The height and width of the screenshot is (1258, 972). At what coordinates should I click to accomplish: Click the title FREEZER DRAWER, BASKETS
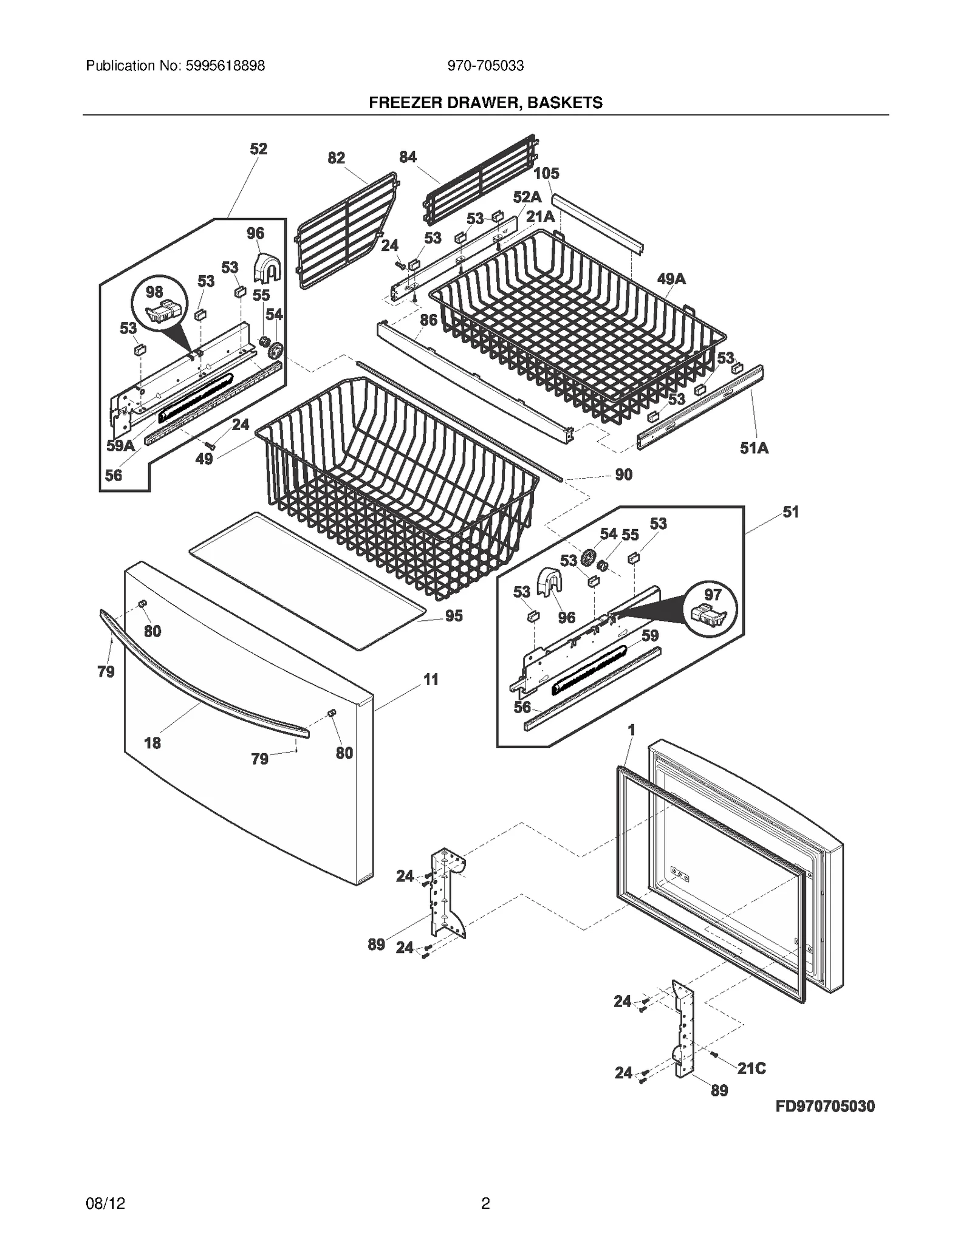point(485,103)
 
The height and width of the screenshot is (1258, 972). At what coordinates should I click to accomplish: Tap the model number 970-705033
point(485,66)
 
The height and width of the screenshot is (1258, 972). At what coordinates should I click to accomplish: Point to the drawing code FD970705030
point(825,1106)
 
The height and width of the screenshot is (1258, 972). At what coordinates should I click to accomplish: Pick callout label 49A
point(671,279)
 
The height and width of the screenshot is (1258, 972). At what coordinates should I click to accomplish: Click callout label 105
point(546,174)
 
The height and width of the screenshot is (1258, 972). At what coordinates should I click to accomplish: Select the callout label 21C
point(751,1068)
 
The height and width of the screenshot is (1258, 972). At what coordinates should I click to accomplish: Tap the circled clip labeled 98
point(160,307)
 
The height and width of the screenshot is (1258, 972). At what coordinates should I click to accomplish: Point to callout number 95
point(454,616)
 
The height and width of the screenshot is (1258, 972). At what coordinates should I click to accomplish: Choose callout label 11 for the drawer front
point(431,679)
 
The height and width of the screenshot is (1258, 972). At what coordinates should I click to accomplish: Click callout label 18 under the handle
point(152,743)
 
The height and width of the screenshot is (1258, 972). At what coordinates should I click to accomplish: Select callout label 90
point(623,474)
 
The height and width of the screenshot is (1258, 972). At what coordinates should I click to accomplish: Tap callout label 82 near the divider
point(336,158)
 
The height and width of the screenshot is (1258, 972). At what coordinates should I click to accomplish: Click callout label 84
point(408,157)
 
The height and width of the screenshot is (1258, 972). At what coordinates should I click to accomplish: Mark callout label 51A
point(754,448)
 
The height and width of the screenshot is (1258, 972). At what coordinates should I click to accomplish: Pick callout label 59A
point(120,446)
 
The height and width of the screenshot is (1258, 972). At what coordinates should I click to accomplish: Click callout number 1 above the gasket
point(631,730)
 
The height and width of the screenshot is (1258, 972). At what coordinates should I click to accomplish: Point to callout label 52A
point(527,197)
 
